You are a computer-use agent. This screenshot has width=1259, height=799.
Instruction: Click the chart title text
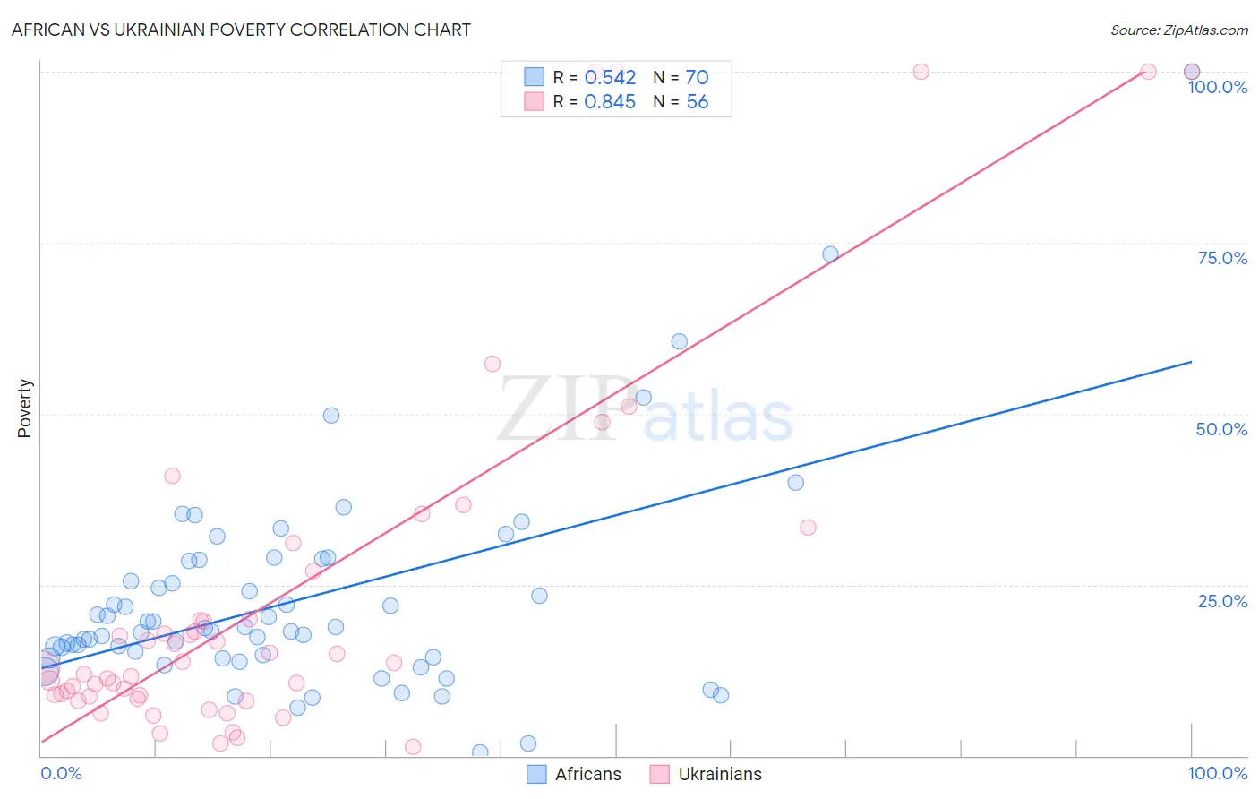click(241, 30)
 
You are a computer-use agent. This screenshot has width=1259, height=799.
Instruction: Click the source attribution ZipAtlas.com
click(1178, 30)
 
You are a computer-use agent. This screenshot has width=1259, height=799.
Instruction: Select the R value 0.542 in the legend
click(610, 78)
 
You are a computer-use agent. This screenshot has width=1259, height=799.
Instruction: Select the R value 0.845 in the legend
click(610, 102)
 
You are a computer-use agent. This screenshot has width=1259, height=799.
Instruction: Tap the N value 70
click(697, 78)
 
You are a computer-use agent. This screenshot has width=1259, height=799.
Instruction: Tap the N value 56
click(697, 102)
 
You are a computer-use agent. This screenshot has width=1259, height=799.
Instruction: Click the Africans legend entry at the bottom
click(574, 774)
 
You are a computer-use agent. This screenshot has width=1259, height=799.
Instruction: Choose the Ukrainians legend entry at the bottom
click(707, 774)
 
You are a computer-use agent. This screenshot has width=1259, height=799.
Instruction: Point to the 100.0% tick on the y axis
click(1217, 87)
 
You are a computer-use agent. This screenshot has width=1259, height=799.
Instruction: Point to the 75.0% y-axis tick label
click(1222, 258)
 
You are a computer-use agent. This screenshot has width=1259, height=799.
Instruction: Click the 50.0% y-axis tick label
click(1221, 429)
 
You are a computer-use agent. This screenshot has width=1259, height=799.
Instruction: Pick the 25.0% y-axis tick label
click(1222, 601)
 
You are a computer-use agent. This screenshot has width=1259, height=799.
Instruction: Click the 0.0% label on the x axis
click(61, 773)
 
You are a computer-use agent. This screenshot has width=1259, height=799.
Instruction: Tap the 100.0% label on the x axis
click(1217, 773)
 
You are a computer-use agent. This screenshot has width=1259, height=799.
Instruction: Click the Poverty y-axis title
click(24, 408)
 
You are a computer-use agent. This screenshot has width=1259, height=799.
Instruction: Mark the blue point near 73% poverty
click(830, 254)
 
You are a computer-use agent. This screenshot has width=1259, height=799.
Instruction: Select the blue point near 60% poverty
click(680, 341)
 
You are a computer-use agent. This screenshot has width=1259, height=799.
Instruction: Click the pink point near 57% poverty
click(492, 364)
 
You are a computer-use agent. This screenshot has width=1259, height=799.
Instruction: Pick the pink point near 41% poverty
click(172, 476)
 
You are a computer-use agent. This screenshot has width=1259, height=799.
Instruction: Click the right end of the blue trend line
click(1191, 362)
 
